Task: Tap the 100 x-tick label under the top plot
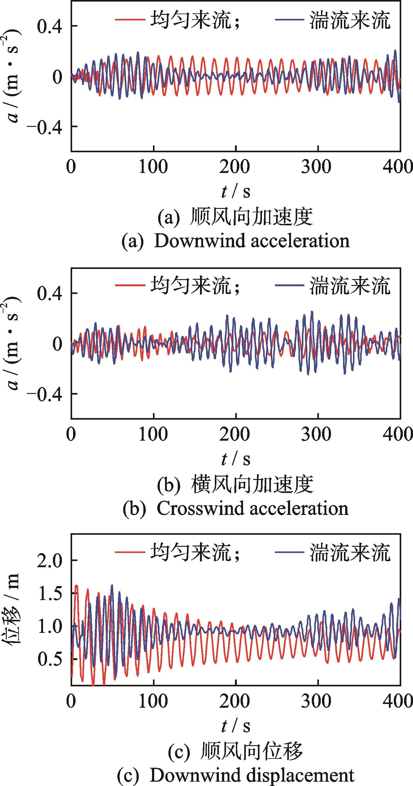tap(153, 167)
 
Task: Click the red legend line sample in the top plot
tap(130, 20)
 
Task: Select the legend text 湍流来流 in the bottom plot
tap(350, 553)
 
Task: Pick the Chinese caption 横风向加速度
tap(252, 484)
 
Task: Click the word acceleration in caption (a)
tap(300, 241)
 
